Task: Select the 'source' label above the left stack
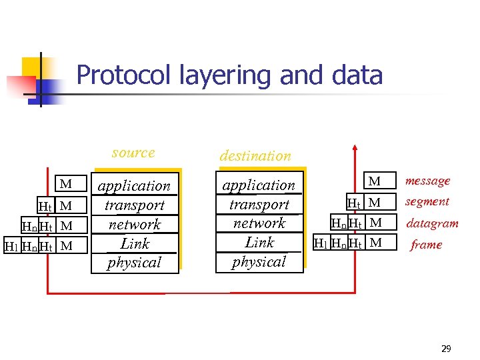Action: [x=133, y=153]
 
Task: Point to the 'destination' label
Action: [x=255, y=156]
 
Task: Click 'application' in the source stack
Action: [x=134, y=186]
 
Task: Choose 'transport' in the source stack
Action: [x=134, y=205]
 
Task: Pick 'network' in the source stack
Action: [x=134, y=225]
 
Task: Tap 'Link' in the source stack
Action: [x=135, y=243]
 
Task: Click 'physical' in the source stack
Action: [x=134, y=263]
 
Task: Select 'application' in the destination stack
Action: [x=259, y=185]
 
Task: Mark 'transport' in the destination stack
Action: [x=259, y=205]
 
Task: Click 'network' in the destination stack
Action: [x=259, y=223]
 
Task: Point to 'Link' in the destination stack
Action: [x=259, y=242]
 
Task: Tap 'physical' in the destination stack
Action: [x=259, y=261]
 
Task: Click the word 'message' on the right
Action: [x=427, y=181]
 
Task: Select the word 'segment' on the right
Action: [x=427, y=201]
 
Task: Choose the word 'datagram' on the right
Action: [x=432, y=223]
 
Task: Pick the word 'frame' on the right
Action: [x=426, y=245]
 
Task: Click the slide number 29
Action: [x=446, y=349]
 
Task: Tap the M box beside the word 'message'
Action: [x=375, y=181]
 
